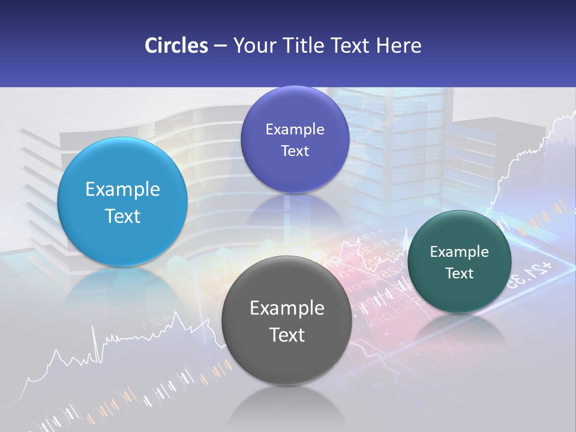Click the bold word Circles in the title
point(176,46)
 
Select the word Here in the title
point(399,46)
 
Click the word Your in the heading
point(253,46)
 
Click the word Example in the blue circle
point(122,189)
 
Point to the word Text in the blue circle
point(122,216)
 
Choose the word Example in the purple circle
point(295,129)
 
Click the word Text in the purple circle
point(295,151)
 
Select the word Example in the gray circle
point(287,308)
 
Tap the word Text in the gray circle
point(287,335)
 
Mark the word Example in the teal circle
point(460,251)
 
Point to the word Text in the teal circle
point(460,273)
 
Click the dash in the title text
point(220,46)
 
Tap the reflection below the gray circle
point(286,408)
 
